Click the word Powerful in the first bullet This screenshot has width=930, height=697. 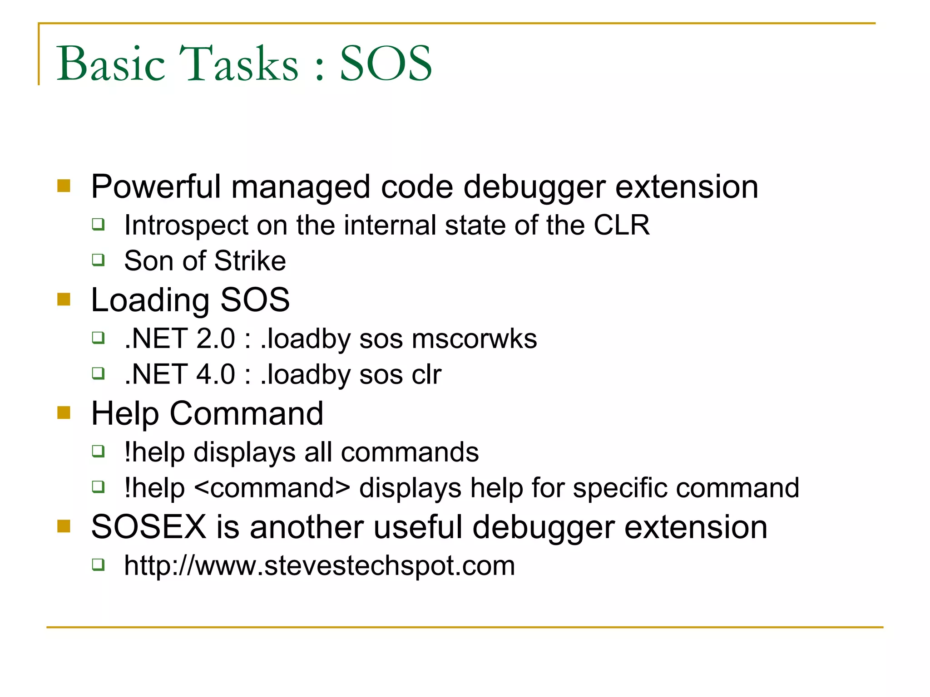click(156, 187)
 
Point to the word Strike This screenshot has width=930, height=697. click(250, 261)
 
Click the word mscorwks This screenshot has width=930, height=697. click(474, 339)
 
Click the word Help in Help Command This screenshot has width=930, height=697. click(125, 413)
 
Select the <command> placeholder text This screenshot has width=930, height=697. click(272, 488)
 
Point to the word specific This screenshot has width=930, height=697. click(620, 488)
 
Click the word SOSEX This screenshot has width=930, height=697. click(149, 527)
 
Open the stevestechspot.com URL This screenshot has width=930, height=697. click(320, 566)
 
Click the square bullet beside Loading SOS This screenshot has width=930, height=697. click(64, 299)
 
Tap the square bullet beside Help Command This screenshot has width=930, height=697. click(64, 413)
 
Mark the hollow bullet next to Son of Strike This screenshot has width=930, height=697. click(98, 260)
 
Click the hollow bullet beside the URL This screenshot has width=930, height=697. click(98, 565)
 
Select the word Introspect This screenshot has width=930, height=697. click(187, 225)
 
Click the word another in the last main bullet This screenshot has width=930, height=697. click(307, 527)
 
